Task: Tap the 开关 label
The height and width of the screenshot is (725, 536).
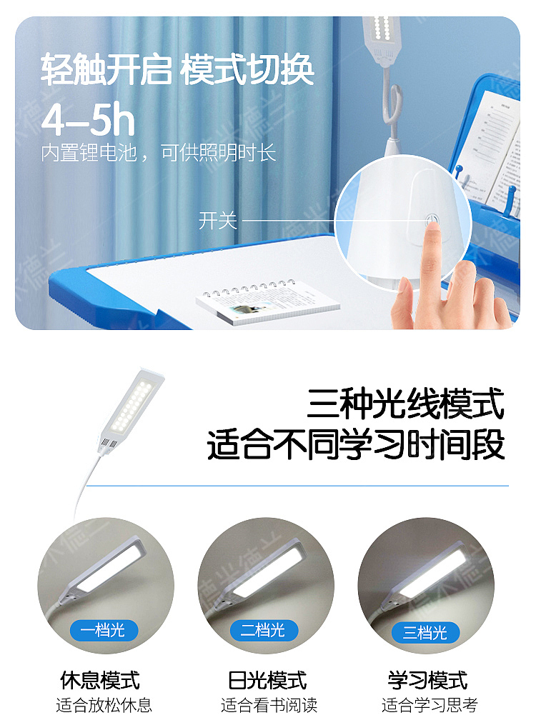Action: [x=217, y=221]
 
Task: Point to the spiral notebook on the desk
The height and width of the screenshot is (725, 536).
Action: [x=268, y=301]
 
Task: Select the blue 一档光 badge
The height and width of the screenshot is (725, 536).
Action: [x=104, y=630]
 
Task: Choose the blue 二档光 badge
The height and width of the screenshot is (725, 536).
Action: [x=264, y=630]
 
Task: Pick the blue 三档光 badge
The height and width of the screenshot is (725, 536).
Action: [x=425, y=632]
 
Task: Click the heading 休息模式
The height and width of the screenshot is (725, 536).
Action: [x=100, y=680]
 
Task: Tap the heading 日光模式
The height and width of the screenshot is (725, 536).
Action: [x=267, y=680]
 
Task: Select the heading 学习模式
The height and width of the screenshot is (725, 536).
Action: [x=428, y=680]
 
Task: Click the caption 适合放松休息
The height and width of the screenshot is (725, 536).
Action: [x=104, y=705]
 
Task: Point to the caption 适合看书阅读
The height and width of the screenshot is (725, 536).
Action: [x=269, y=705]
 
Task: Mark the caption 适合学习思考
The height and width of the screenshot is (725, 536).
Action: [x=430, y=705]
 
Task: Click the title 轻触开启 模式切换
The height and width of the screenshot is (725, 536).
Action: [x=177, y=70]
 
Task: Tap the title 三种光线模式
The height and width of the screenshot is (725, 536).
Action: [x=406, y=404]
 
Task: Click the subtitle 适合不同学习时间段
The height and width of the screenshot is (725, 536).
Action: [x=356, y=445]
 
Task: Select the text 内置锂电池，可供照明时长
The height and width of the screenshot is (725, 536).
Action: [x=159, y=153]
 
